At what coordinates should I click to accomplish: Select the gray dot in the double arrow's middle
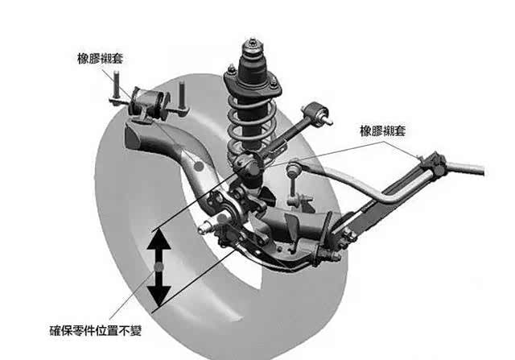pos(160,267)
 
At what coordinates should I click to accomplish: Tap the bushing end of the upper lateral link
pos(320,116)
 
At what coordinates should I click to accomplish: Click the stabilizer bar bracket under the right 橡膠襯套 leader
pos(435,163)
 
